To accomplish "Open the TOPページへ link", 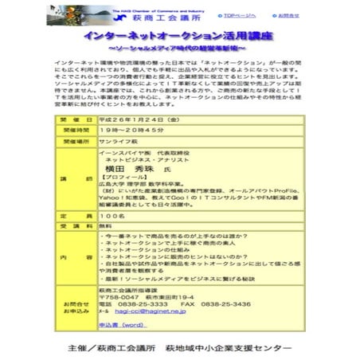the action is click(x=240, y=14).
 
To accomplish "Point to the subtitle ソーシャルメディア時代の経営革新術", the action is click(x=181, y=49).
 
